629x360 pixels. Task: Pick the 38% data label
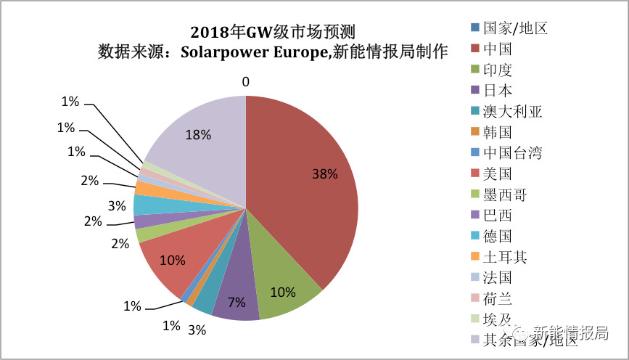[x=325, y=174]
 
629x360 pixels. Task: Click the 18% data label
[x=198, y=135]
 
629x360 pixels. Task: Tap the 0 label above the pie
[x=246, y=82]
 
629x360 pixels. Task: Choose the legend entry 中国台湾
[x=512, y=153]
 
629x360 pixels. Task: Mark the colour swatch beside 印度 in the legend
[x=474, y=70]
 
